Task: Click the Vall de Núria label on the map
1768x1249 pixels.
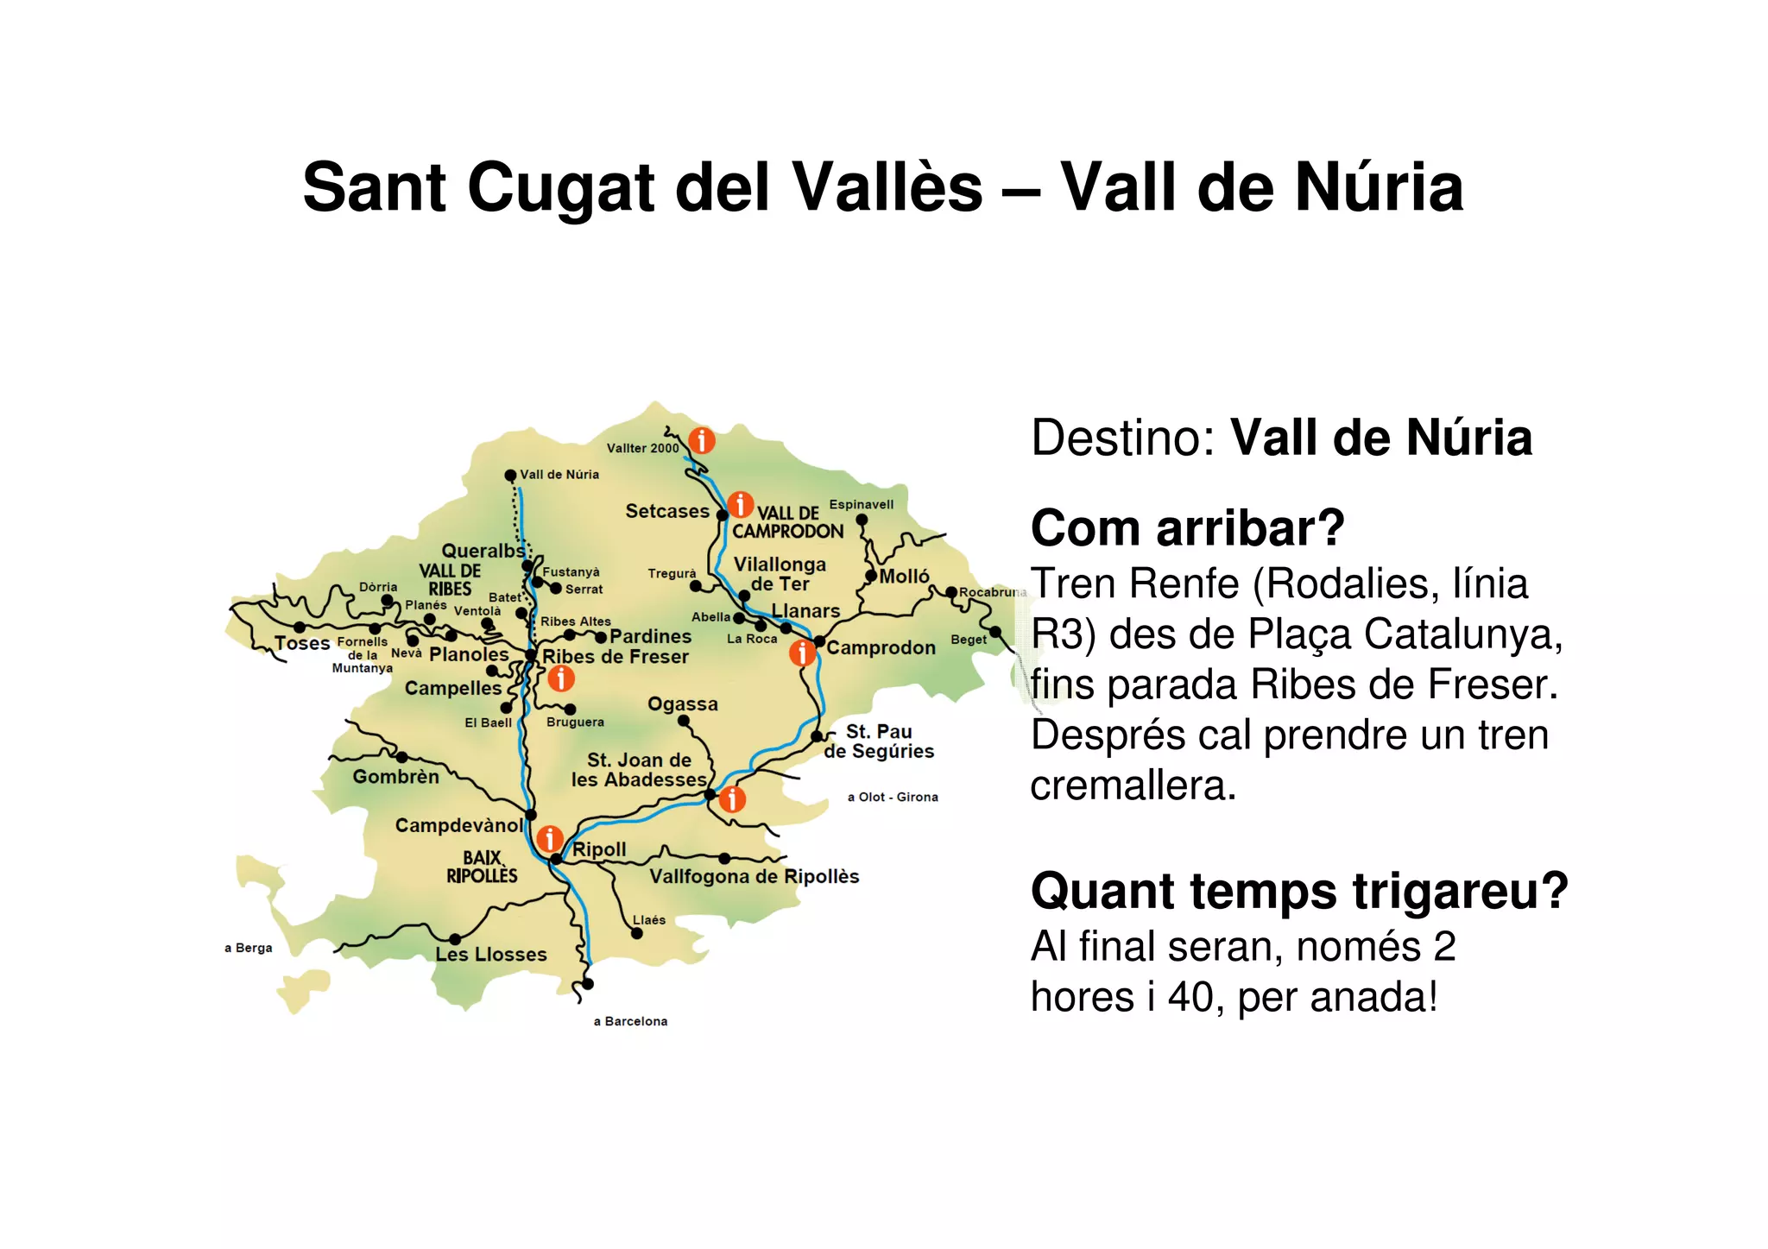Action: (x=559, y=475)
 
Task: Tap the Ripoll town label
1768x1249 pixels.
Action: (x=599, y=849)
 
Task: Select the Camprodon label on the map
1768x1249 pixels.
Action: (x=881, y=647)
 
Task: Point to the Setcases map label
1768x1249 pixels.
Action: (x=666, y=511)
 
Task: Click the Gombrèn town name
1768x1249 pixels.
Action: (x=395, y=777)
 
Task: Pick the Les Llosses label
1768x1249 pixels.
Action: (x=490, y=954)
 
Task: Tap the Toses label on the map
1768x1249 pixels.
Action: (x=302, y=643)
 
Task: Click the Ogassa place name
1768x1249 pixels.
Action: (x=682, y=704)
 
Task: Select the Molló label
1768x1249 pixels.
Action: (x=904, y=576)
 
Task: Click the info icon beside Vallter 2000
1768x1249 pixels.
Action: (x=702, y=440)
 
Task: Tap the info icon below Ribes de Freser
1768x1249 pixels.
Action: (x=561, y=678)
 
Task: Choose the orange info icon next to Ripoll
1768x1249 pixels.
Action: (x=549, y=837)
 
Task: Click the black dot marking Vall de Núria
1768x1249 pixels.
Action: (x=510, y=476)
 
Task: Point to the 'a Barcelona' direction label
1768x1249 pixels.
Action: (x=630, y=1021)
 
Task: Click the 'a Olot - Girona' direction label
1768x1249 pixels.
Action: (x=892, y=797)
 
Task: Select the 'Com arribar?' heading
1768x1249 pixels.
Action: (x=1187, y=528)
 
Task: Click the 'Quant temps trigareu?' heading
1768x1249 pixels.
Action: (x=1298, y=891)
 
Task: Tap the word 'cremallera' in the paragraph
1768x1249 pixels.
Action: (x=1132, y=785)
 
